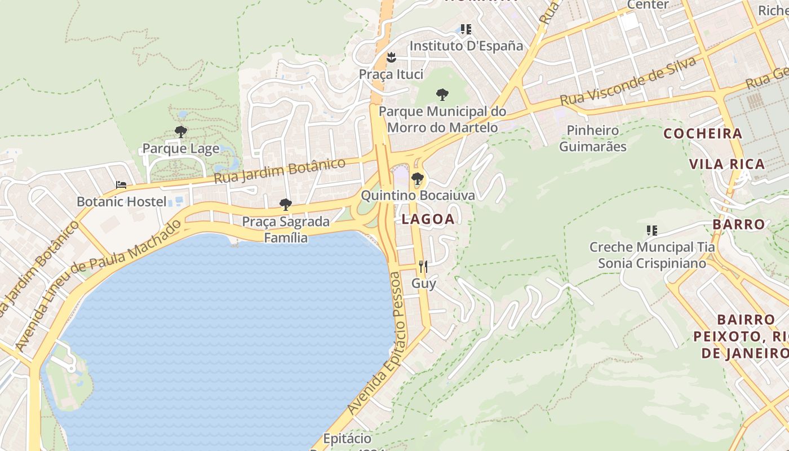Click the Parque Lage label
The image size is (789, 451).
[180, 149]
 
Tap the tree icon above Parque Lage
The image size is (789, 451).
[180, 132]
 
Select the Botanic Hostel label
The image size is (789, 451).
[121, 201]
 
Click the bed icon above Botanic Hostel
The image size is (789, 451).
[121, 184]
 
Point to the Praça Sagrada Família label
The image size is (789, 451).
[286, 229]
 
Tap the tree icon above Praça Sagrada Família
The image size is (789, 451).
[286, 204]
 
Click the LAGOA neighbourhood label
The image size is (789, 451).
[428, 220]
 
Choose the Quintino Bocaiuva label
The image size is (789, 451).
[418, 196]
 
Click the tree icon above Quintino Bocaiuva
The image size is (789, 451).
[418, 179]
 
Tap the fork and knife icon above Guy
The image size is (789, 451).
[423, 266]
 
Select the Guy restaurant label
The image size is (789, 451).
[423, 283]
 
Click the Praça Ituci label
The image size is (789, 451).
[391, 74]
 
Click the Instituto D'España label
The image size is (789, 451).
[466, 46]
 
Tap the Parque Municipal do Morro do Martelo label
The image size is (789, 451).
[442, 120]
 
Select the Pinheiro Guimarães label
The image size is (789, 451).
[592, 139]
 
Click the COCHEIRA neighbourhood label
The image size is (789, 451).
[703, 134]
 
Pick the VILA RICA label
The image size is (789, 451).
[727, 164]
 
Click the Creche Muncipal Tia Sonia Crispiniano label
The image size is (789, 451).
[652, 255]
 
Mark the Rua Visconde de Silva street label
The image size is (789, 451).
[628, 82]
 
